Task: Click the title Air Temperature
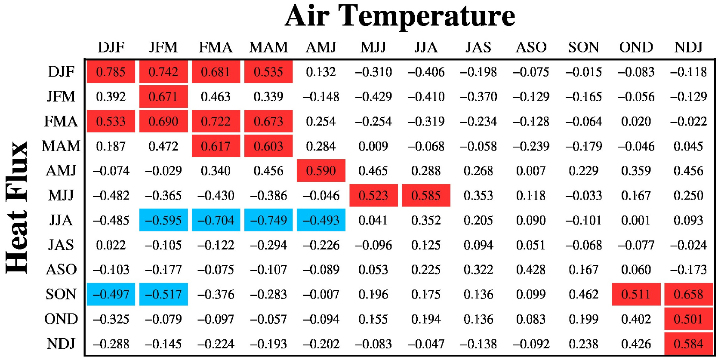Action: click(400, 16)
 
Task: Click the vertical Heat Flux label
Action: click(17, 208)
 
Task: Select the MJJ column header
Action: click(373, 47)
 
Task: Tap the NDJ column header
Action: click(688, 47)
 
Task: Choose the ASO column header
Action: click(531, 47)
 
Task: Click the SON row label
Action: click(61, 295)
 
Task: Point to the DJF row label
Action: click(61, 72)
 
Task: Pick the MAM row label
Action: click(61, 146)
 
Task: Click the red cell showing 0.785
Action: click(111, 72)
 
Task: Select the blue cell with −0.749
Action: click(268, 220)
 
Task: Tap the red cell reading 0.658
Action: click(688, 295)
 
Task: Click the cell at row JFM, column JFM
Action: click(163, 97)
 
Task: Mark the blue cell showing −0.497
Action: click(111, 295)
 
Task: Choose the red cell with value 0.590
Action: click(321, 171)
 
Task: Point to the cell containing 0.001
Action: click(636, 220)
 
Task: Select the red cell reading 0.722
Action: click(216, 121)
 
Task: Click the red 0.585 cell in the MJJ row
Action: click(426, 196)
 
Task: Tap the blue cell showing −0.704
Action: click(216, 220)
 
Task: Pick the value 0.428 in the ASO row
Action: click(531, 270)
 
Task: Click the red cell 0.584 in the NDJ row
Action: click(688, 344)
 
